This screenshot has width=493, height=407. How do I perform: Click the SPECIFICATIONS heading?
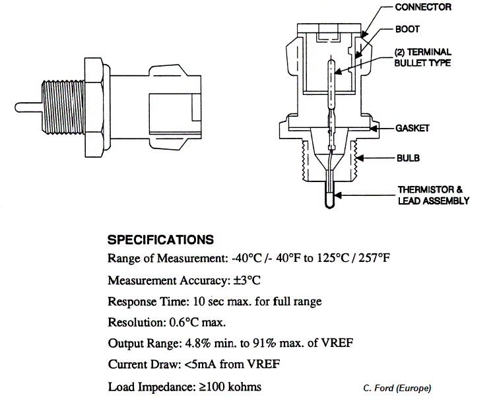click(x=160, y=239)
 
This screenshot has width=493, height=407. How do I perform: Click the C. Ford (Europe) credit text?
click(x=397, y=388)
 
